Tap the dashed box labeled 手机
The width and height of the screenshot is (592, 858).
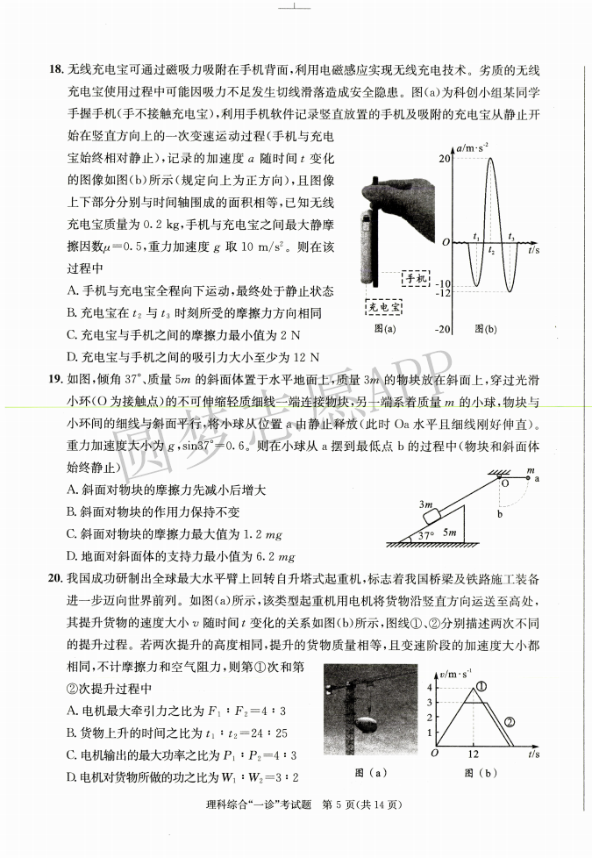[x=416, y=278]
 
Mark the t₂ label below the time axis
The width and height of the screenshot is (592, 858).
[x=491, y=251]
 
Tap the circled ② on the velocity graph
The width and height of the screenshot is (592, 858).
[x=508, y=722]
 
